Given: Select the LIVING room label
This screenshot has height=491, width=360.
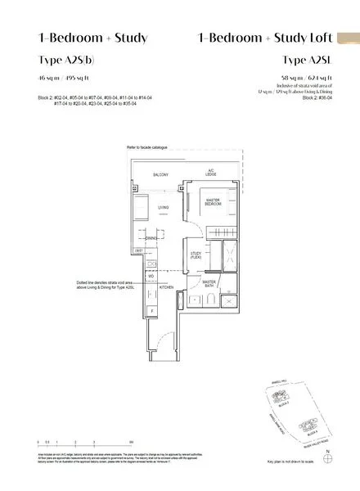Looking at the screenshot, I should pyautogui.click(x=163, y=208).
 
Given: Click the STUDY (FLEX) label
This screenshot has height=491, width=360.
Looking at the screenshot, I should pyautogui.click(x=196, y=256).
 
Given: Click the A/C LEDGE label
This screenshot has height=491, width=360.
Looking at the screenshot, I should pyautogui.click(x=210, y=173).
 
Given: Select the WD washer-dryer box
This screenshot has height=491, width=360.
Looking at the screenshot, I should pyautogui.click(x=151, y=276).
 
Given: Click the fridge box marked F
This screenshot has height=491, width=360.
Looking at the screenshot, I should pyautogui.click(x=151, y=312).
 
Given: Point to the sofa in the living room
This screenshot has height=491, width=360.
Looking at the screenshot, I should pyautogui.click(x=137, y=209).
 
